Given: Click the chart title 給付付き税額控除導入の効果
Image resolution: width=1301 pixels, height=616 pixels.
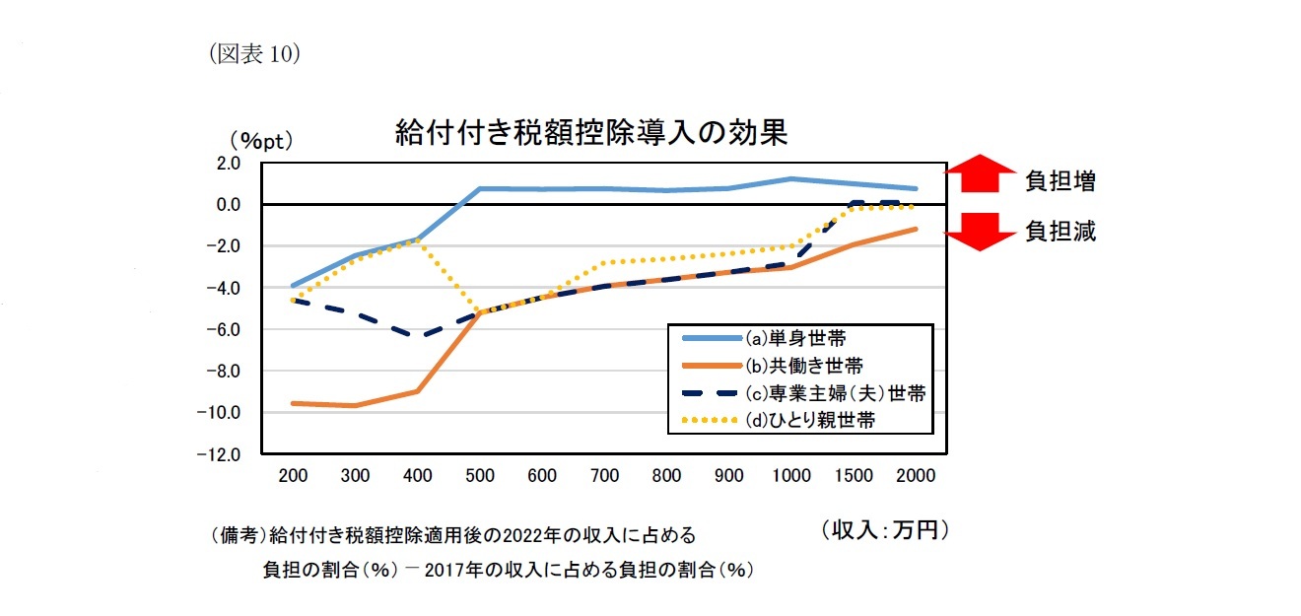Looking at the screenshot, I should [x=590, y=132].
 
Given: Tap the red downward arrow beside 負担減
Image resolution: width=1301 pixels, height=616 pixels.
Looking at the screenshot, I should [x=979, y=231].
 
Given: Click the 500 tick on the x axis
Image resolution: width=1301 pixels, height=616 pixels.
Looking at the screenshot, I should [x=480, y=476].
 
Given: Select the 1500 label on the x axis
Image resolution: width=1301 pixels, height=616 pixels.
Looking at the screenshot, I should [x=854, y=476].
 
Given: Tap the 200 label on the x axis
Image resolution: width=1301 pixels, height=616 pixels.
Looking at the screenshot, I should [x=294, y=476].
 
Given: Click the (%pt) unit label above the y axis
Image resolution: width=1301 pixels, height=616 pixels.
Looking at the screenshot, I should [x=261, y=141].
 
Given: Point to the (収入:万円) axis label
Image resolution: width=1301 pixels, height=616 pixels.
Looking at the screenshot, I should [x=884, y=530].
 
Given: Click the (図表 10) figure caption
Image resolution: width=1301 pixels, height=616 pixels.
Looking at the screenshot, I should [x=254, y=55].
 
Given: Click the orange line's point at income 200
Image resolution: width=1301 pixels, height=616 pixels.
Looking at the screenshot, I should [x=294, y=403].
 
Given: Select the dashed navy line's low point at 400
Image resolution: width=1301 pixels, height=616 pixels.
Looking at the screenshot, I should [x=418, y=336].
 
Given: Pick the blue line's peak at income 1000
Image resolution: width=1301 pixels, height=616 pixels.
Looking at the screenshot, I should [x=791, y=178].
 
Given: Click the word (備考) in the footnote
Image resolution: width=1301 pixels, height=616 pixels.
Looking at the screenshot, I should [x=237, y=536].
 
